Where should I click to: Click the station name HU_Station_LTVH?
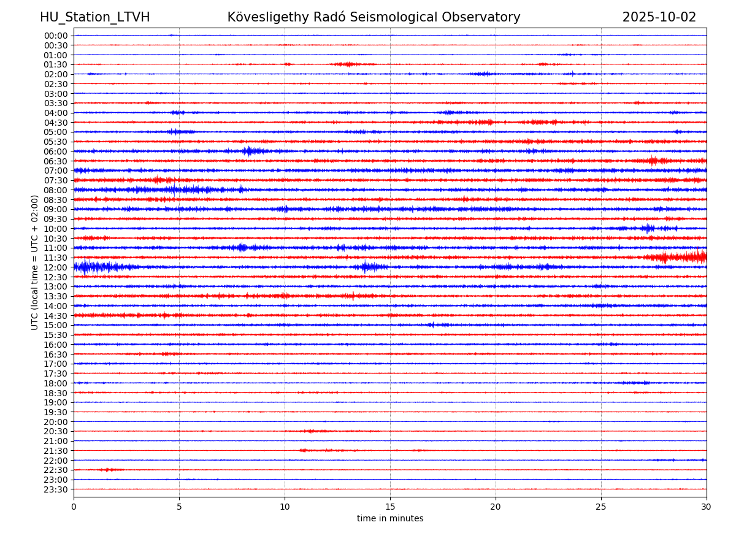click(x=94, y=17)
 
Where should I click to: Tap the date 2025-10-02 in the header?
click(x=659, y=17)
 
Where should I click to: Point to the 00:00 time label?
click(x=55, y=36)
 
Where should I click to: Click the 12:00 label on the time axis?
click(x=55, y=267)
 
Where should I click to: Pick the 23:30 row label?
click(x=55, y=489)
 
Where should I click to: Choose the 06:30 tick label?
click(x=55, y=161)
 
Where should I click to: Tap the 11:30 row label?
click(x=55, y=258)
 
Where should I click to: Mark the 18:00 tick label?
click(x=55, y=383)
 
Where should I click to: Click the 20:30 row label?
click(x=55, y=432)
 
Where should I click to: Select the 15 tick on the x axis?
click(x=390, y=507)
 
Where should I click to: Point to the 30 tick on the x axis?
click(x=706, y=507)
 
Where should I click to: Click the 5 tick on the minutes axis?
click(x=179, y=507)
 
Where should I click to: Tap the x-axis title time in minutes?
click(x=390, y=519)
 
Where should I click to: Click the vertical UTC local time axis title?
click(x=35, y=263)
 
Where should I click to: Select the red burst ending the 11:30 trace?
click(x=681, y=256)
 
